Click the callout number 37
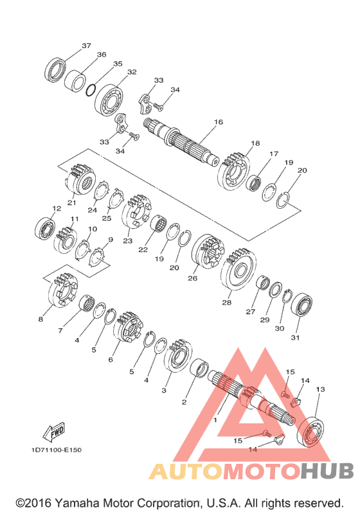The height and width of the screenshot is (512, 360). [86, 46]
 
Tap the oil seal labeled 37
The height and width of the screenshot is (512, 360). [55, 70]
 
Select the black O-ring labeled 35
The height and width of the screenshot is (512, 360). [91, 90]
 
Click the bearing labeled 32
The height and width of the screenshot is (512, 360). [109, 100]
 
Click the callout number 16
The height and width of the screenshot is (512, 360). [219, 122]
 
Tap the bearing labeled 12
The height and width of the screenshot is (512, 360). [45, 227]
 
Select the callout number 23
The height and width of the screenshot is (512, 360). [128, 241]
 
